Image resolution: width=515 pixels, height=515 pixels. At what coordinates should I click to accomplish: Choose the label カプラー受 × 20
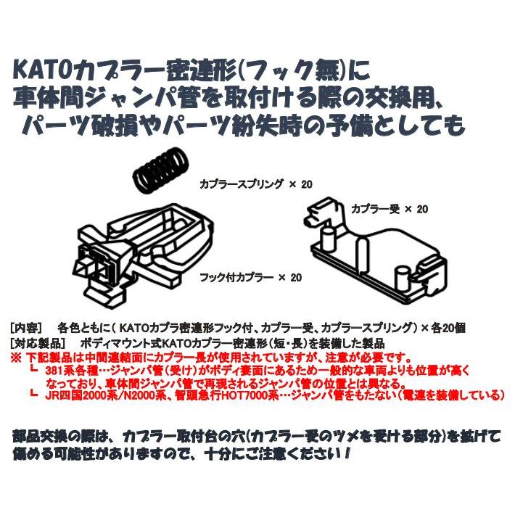pos(389,209)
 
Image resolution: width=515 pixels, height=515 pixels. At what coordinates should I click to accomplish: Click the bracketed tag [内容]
pos(28,327)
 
